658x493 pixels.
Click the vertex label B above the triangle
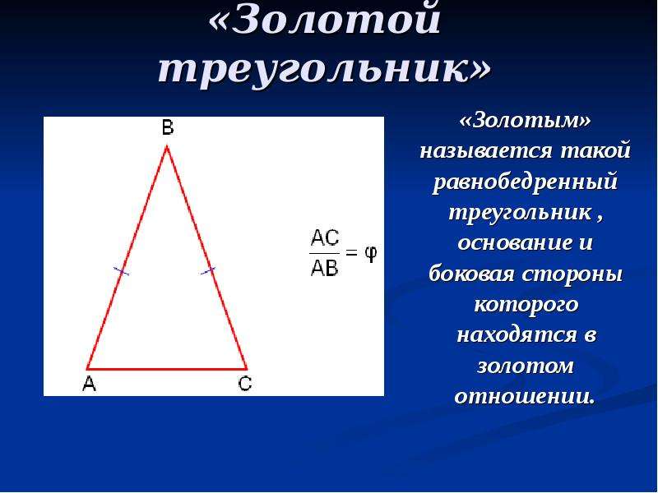pyautogui.click(x=168, y=127)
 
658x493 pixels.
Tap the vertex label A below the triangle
pyautogui.click(x=89, y=384)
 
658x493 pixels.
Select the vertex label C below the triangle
pyautogui.click(x=245, y=384)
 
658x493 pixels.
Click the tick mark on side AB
pyautogui.click(x=121, y=272)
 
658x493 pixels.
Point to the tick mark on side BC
pyautogui.click(x=207, y=271)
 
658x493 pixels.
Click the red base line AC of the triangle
pyautogui.click(x=167, y=369)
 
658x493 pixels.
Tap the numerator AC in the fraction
pyautogui.click(x=324, y=239)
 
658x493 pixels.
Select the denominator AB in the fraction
pyautogui.click(x=324, y=268)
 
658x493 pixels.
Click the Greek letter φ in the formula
pyautogui.click(x=371, y=254)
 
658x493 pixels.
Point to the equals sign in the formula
pyautogui.click(x=351, y=252)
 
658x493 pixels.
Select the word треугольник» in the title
pyautogui.click(x=324, y=69)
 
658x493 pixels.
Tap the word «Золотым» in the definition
pyautogui.click(x=525, y=121)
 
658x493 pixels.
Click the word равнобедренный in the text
pyautogui.click(x=525, y=182)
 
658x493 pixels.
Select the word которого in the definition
pyautogui.click(x=526, y=305)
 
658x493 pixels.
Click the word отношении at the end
pyautogui.click(x=525, y=396)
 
